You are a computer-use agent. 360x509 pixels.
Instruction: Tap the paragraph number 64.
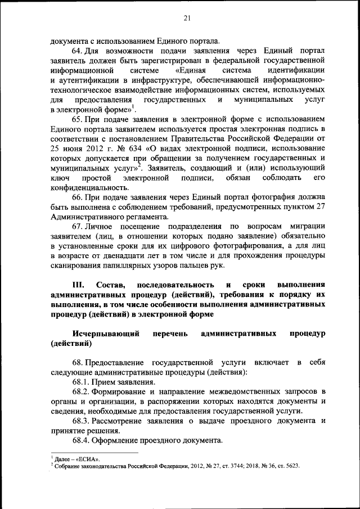coord(77,51)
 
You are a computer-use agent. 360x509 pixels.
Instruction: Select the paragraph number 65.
coord(77,121)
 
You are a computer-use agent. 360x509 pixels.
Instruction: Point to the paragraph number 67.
coord(77,226)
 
